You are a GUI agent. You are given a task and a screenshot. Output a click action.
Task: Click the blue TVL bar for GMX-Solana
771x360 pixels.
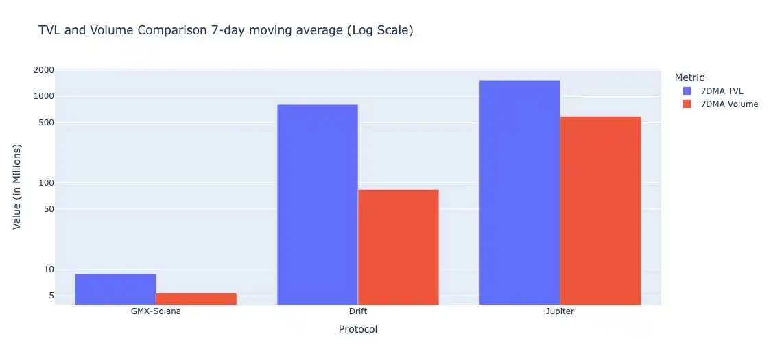115,289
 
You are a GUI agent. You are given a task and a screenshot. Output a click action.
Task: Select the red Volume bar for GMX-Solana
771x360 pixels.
196,299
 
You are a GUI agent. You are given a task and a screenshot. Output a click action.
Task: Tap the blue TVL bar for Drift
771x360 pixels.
317,204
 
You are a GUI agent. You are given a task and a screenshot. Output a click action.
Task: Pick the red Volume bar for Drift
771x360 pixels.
398,247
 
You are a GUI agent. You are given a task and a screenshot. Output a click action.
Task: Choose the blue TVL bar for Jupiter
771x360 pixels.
519,193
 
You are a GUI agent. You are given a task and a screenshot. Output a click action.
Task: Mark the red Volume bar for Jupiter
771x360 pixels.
600,211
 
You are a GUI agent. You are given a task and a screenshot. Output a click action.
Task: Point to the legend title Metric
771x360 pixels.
689,77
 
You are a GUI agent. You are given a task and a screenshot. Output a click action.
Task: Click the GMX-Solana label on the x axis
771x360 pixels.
156,311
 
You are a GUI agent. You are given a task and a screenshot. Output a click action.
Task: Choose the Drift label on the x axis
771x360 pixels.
357,311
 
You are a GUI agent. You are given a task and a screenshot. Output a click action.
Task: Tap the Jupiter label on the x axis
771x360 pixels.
560,311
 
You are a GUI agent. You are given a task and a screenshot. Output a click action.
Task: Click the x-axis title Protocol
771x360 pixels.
357,329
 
